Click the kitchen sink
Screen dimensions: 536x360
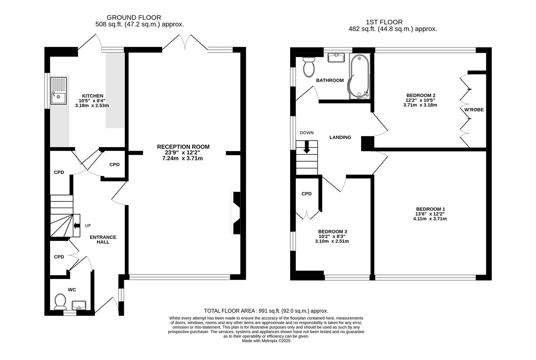coord(58,91)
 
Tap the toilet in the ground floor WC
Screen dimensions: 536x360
coord(60,302)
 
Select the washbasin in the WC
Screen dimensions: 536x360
coord(79,305)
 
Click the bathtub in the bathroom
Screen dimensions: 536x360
coord(359,76)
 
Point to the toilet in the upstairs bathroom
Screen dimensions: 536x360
coord(309,67)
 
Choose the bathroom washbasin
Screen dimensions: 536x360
coord(336,58)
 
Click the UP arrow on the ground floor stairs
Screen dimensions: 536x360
coord(77,225)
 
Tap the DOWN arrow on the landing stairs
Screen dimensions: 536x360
coord(307,147)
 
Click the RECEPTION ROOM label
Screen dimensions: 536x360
coord(183,147)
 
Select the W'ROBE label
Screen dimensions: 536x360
coord(474,110)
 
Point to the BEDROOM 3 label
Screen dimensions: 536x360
coord(332,231)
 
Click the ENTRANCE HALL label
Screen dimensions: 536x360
coord(103,239)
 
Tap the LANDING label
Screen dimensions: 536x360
coord(340,137)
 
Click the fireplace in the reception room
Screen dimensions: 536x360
coord(236,213)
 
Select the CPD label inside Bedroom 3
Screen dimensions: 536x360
coord(306,194)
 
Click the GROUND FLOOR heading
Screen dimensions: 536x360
coord(134,17)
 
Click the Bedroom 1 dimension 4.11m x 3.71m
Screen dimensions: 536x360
coord(430,219)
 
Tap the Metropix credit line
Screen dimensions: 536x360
coord(266,341)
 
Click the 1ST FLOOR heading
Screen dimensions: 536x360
coord(384,22)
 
